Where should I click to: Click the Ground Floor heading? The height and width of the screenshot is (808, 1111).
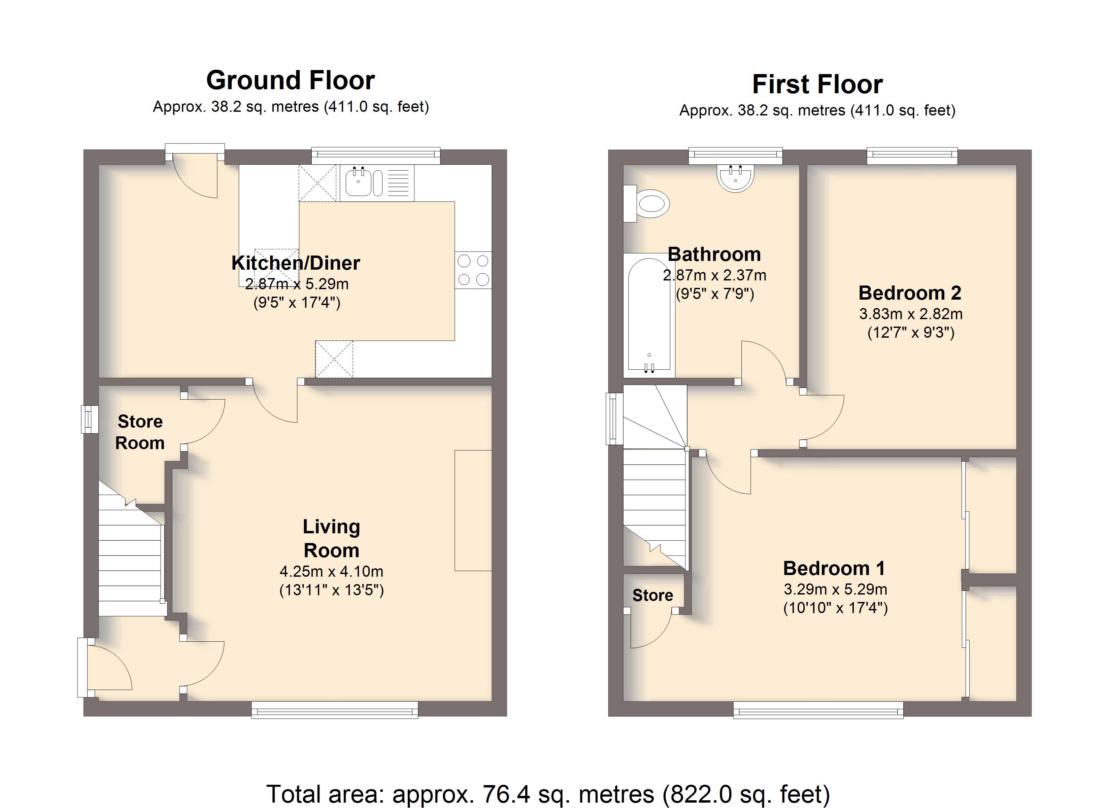tap(291, 80)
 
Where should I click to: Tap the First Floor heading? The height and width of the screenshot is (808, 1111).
tap(817, 84)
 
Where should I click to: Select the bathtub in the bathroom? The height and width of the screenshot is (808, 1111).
tap(649, 315)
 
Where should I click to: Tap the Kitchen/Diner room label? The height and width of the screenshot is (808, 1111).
tap(296, 263)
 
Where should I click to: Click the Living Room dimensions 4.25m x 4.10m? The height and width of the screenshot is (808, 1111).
tap(332, 571)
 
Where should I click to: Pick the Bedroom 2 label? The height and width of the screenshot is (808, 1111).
tap(910, 293)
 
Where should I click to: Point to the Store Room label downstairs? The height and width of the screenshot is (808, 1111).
tap(140, 432)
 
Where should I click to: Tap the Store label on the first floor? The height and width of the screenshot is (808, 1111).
tap(652, 595)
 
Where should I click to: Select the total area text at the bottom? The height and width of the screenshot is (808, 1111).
tap(548, 794)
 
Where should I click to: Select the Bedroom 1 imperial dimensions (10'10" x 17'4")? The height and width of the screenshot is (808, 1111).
tap(836, 608)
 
